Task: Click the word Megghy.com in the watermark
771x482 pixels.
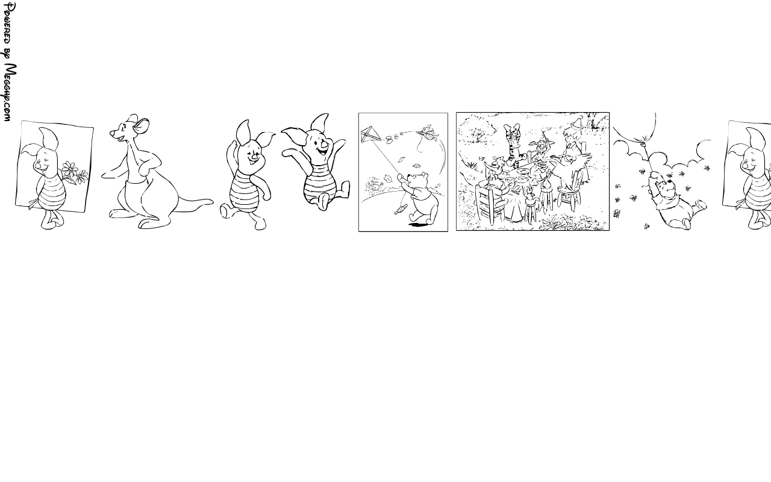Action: tap(10, 92)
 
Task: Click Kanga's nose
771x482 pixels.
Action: tap(112, 133)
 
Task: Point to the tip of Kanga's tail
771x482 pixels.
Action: tap(211, 201)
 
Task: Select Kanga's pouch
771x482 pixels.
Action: tap(136, 196)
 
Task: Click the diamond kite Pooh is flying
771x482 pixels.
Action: tap(370, 135)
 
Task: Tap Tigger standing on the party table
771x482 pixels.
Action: tap(514, 145)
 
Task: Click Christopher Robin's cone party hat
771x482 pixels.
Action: tap(575, 122)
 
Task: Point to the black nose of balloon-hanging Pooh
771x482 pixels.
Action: tap(670, 181)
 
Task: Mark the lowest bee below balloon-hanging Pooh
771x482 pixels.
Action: tap(647, 226)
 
